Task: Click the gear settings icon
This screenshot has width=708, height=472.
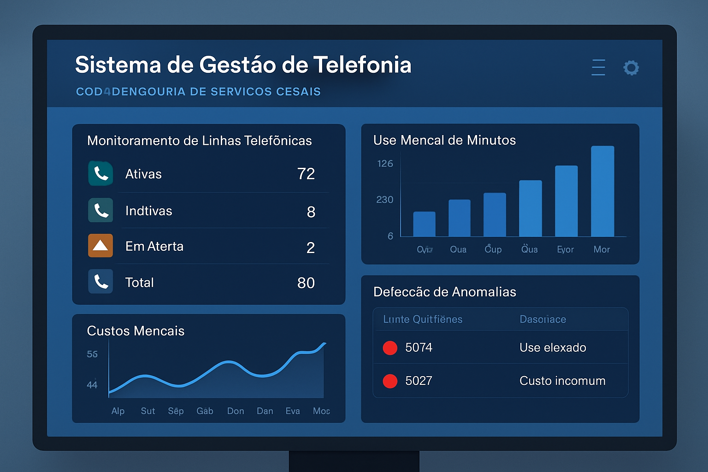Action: click(x=631, y=68)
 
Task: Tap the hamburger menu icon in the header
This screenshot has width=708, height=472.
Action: click(x=598, y=67)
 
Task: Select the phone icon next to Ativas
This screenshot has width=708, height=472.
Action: click(x=100, y=173)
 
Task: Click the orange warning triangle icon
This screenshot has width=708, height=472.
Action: click(x=100, y=246)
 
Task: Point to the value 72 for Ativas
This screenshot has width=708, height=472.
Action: click(x=306, y=174)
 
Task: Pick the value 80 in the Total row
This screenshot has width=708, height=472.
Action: click(x=306, y=283)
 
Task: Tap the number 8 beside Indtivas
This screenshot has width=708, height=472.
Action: click(x=311, y=212)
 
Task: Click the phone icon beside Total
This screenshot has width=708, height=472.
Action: click(x=100, y=282)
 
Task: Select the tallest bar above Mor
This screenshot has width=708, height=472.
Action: click(x=602, y=191)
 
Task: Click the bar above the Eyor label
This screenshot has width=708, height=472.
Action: click(x=566, y=201)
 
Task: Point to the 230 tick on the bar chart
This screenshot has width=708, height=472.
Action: click(x=384, y=200)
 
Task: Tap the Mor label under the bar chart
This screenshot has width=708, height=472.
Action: click(x=602, y=249)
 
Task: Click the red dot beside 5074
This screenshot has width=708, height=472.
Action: click(x=390, y=348)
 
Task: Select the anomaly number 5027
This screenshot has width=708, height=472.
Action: click(x=419, y=381)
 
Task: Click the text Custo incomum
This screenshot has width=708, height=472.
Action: click(x=562, y=381)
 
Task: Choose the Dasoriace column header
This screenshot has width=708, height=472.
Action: click(x=543, y=319)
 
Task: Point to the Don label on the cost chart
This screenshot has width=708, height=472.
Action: click(x=236, y=411)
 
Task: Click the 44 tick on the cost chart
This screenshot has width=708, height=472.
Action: click(x=92, y=384)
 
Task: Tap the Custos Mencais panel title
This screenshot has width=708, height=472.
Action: click(x=136, y=331)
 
